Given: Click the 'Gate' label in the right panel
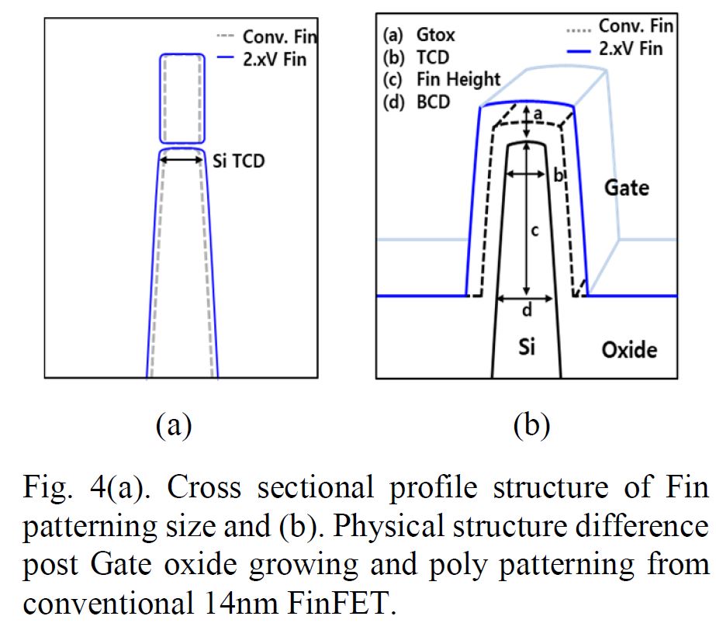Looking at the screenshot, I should click(627, 187).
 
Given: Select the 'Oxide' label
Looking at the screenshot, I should click(629, 350).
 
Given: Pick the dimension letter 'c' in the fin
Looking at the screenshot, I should click(534, 230).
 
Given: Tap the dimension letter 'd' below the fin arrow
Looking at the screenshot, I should click(527, 311).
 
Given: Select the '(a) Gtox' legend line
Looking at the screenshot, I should click(419, 34).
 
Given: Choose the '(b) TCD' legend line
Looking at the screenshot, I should click(416, 57).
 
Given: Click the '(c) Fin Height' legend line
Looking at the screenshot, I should click(441, 79).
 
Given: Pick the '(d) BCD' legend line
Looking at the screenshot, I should click(417, 102).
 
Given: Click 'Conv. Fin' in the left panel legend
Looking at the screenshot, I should click(279, 36).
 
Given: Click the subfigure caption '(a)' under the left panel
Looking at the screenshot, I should click(173, 425).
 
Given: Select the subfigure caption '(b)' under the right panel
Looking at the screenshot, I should click(531, 425).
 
